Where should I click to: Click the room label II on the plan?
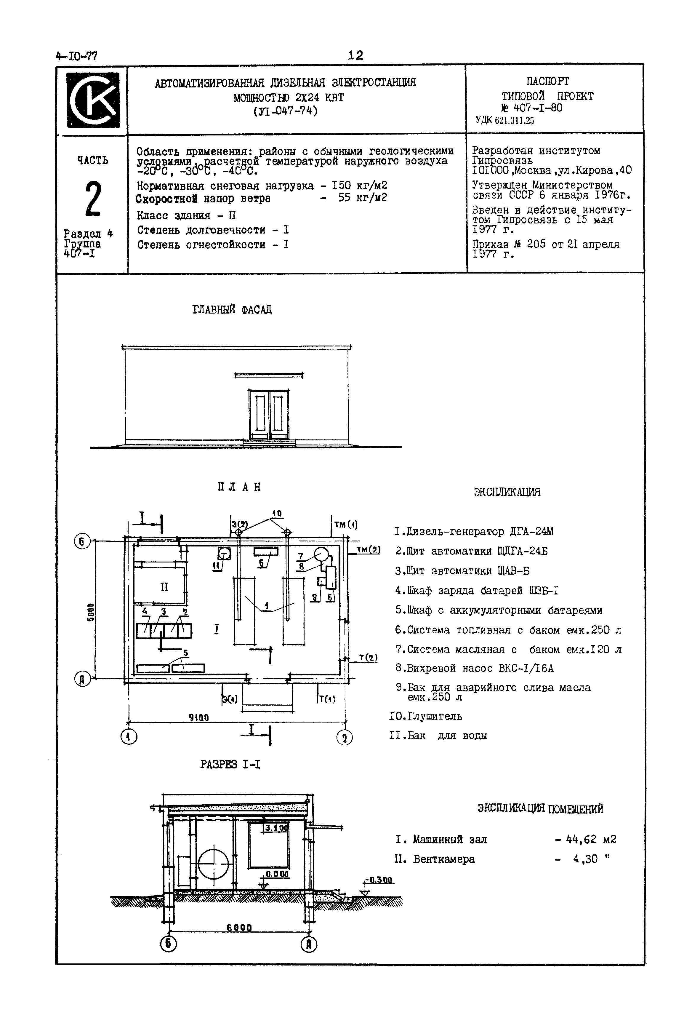(x=164, y=587)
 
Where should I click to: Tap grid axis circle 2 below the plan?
(x=344, y=738)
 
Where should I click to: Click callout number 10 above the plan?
(x=276, y=513)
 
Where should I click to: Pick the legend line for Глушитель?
(x=425, y=716)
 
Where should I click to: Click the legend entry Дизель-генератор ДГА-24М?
(x=474, y=532)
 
